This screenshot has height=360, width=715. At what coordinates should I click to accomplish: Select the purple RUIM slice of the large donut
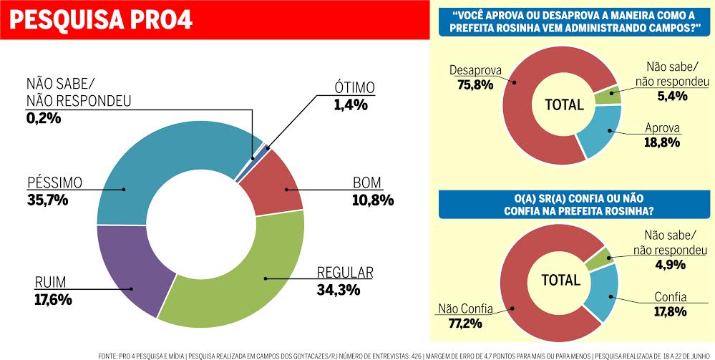(129, 276)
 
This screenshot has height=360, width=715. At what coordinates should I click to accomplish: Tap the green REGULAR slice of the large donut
(236, 279)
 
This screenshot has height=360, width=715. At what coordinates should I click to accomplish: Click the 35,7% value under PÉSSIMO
(49, 200)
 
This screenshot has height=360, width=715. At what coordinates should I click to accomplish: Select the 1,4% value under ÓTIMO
(350, 104)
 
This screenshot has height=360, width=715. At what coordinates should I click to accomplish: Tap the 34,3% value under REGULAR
(340, 290)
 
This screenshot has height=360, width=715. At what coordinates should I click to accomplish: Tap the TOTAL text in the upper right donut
(564, 104)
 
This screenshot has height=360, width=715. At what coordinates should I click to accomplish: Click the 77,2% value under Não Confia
(466, 324)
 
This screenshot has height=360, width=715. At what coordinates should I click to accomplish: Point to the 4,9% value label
(669, 264)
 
